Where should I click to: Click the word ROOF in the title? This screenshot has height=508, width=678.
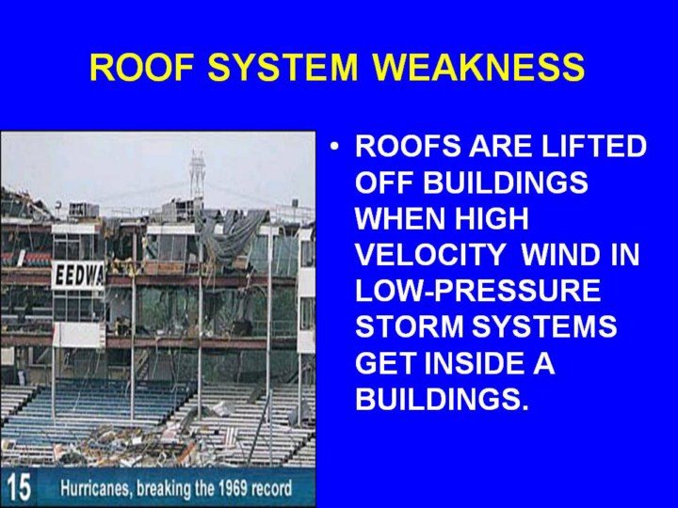pos(141,68)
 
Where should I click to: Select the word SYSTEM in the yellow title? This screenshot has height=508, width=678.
pos(283,68)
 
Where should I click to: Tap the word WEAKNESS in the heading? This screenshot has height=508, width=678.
pos(479,68)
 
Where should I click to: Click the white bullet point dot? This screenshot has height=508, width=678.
pos(333,147)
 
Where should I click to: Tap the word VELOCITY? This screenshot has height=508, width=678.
pos(429,254)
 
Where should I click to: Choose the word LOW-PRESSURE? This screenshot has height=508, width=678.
pos(477,290)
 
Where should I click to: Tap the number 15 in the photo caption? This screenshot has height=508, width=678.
pos(19,488)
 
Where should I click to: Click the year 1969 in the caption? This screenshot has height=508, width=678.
pos(233,488)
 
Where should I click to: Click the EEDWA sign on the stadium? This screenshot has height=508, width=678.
pos(78,276)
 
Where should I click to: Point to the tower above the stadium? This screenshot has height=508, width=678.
pos(197,176)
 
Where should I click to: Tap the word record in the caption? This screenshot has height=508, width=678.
pos(272,488)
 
